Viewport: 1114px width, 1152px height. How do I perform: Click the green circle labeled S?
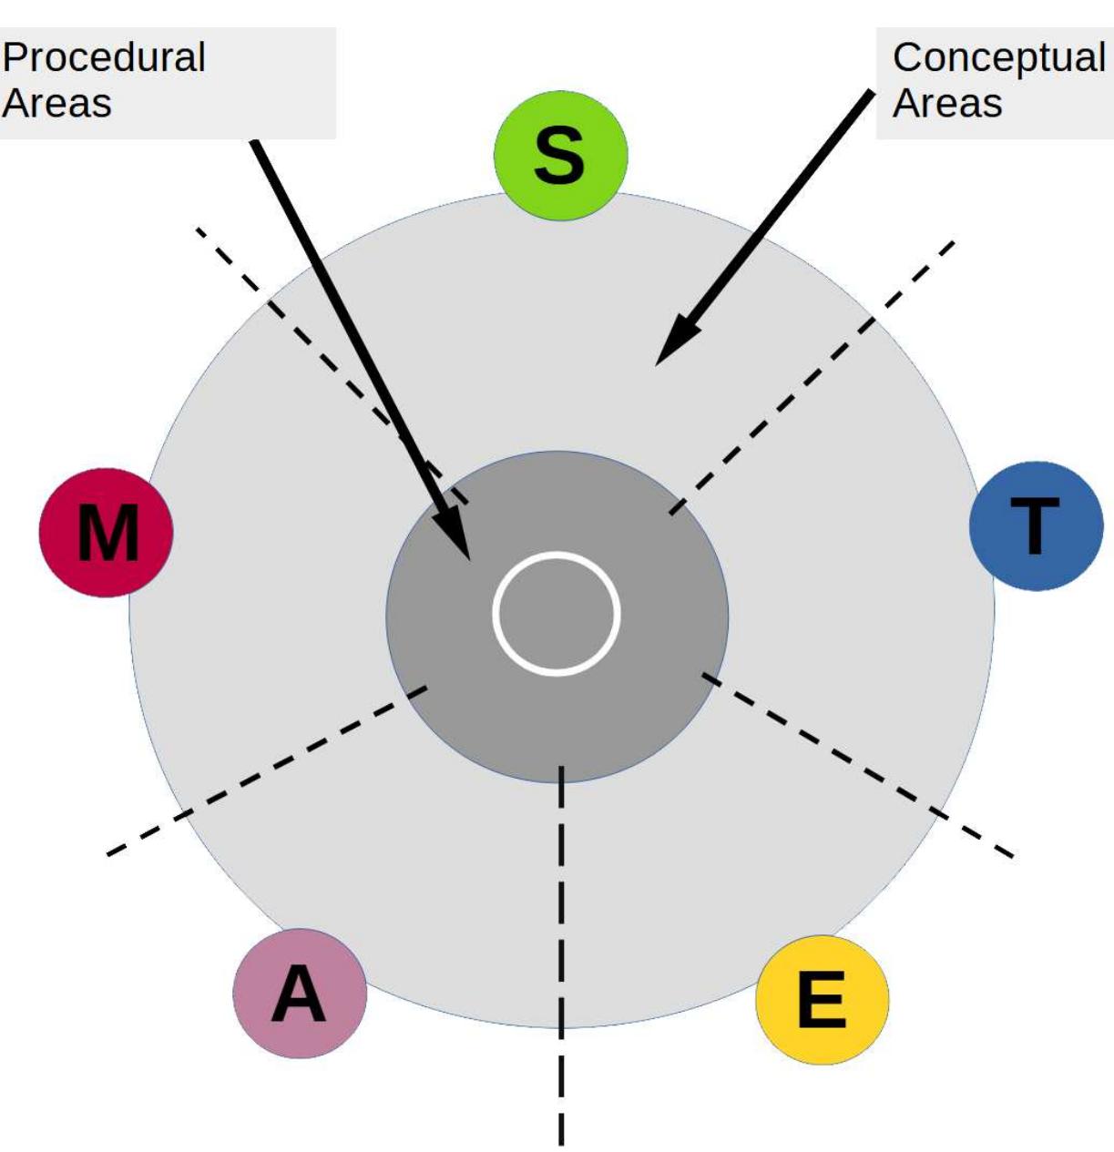tap(560, 156)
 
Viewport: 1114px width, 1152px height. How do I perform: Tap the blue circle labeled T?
tap(1036, 526)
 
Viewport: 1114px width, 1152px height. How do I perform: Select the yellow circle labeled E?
tap(822, 1000)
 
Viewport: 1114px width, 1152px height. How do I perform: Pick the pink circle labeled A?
tap(300, 994)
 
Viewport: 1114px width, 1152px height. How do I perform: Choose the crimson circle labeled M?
tap(107, 533)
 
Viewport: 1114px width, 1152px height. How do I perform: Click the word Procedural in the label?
tap(104, 57)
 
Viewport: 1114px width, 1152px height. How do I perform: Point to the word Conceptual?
tap(998, 57)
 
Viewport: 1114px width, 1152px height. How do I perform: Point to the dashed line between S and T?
tap(811, 374)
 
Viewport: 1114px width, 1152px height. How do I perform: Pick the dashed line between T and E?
tap(856, 765)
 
